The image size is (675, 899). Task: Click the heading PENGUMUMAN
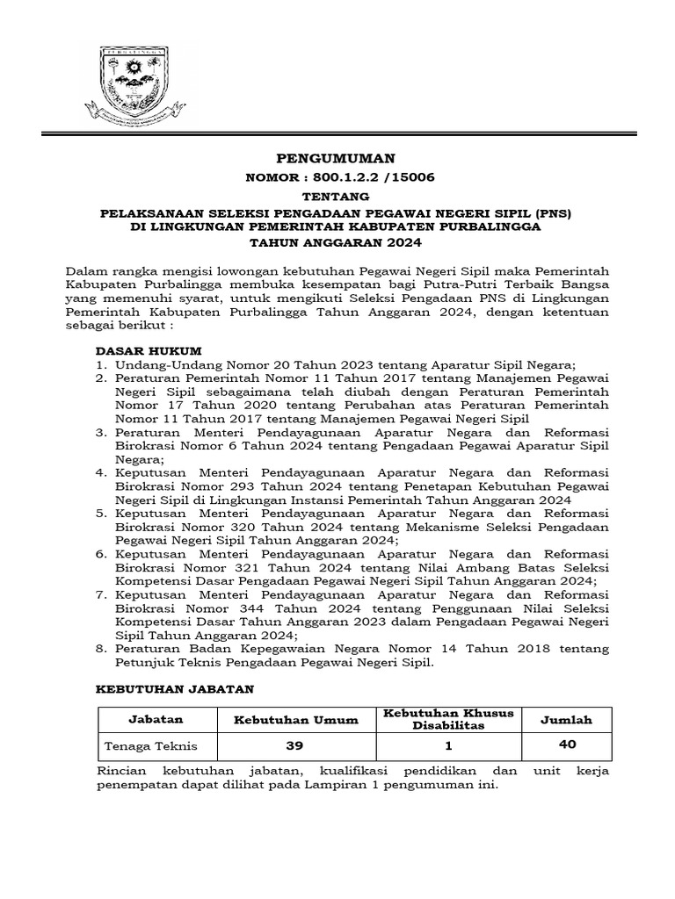click(337, 158)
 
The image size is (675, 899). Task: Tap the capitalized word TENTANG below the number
click(337, 197)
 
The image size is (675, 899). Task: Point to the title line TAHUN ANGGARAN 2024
click(337, 243)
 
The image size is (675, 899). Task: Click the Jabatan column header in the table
click(156, 719)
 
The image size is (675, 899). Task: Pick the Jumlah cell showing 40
click(567, 744)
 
